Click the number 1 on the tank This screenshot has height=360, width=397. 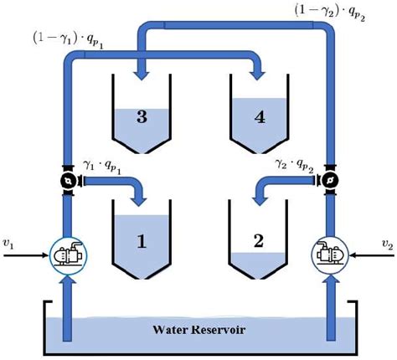(142, 242)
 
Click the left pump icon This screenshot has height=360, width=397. (65, 252)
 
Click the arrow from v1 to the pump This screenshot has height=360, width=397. (29, 252)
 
